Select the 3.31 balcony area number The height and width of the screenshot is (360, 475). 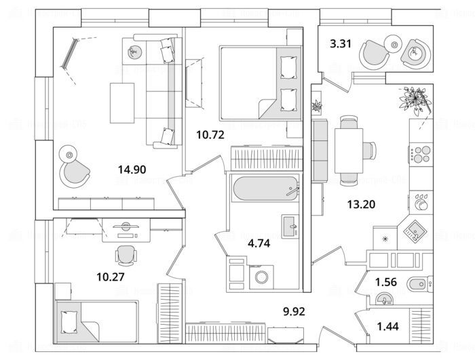coord(339,45)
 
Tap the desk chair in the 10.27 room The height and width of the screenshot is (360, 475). coord(125,255)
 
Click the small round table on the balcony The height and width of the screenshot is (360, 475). coord(395,45)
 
